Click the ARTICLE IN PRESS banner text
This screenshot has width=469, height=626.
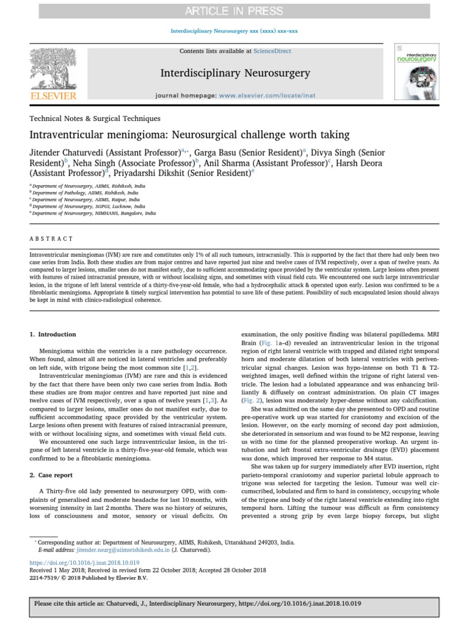[234, 11]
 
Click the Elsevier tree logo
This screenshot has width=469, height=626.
[54, 68]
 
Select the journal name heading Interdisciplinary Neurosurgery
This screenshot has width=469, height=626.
[234, 73]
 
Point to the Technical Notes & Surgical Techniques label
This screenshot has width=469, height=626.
[95, 119]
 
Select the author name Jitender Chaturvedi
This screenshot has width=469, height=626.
[69, 152]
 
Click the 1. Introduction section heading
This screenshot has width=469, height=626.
[53, 334]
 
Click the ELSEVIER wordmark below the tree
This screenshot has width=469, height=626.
[54, 96]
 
